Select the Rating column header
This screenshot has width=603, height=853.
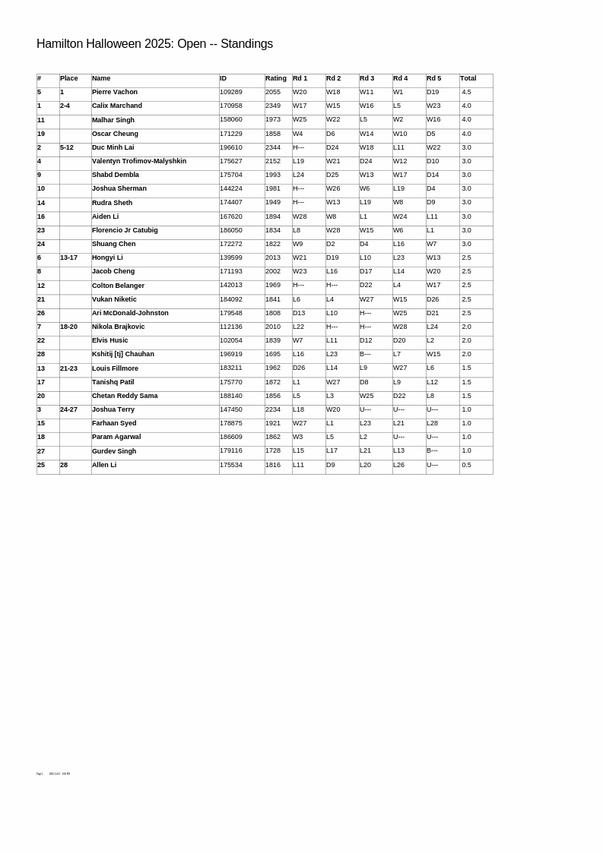275,78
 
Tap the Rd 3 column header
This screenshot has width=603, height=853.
367,78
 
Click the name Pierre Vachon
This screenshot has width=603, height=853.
115,92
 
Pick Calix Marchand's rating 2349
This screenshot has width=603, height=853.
273,106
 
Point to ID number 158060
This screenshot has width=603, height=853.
231,120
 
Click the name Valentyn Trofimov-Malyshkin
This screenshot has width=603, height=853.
139,161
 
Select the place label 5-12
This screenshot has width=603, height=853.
67,147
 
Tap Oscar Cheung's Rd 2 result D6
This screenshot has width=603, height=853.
330,134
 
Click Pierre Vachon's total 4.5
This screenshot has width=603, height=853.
466,92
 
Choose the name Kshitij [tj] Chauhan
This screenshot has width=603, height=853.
123,354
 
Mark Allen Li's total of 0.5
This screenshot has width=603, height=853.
466,465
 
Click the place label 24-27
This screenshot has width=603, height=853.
68,409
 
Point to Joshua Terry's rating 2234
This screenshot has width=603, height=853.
273,409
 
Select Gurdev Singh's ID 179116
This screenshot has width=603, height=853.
231,451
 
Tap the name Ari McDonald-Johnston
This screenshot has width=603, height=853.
130,313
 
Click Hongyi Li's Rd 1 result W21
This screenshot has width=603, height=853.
300,257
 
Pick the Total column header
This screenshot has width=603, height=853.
468,78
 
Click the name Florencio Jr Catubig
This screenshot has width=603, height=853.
125,230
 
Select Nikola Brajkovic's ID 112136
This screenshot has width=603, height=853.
231,327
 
